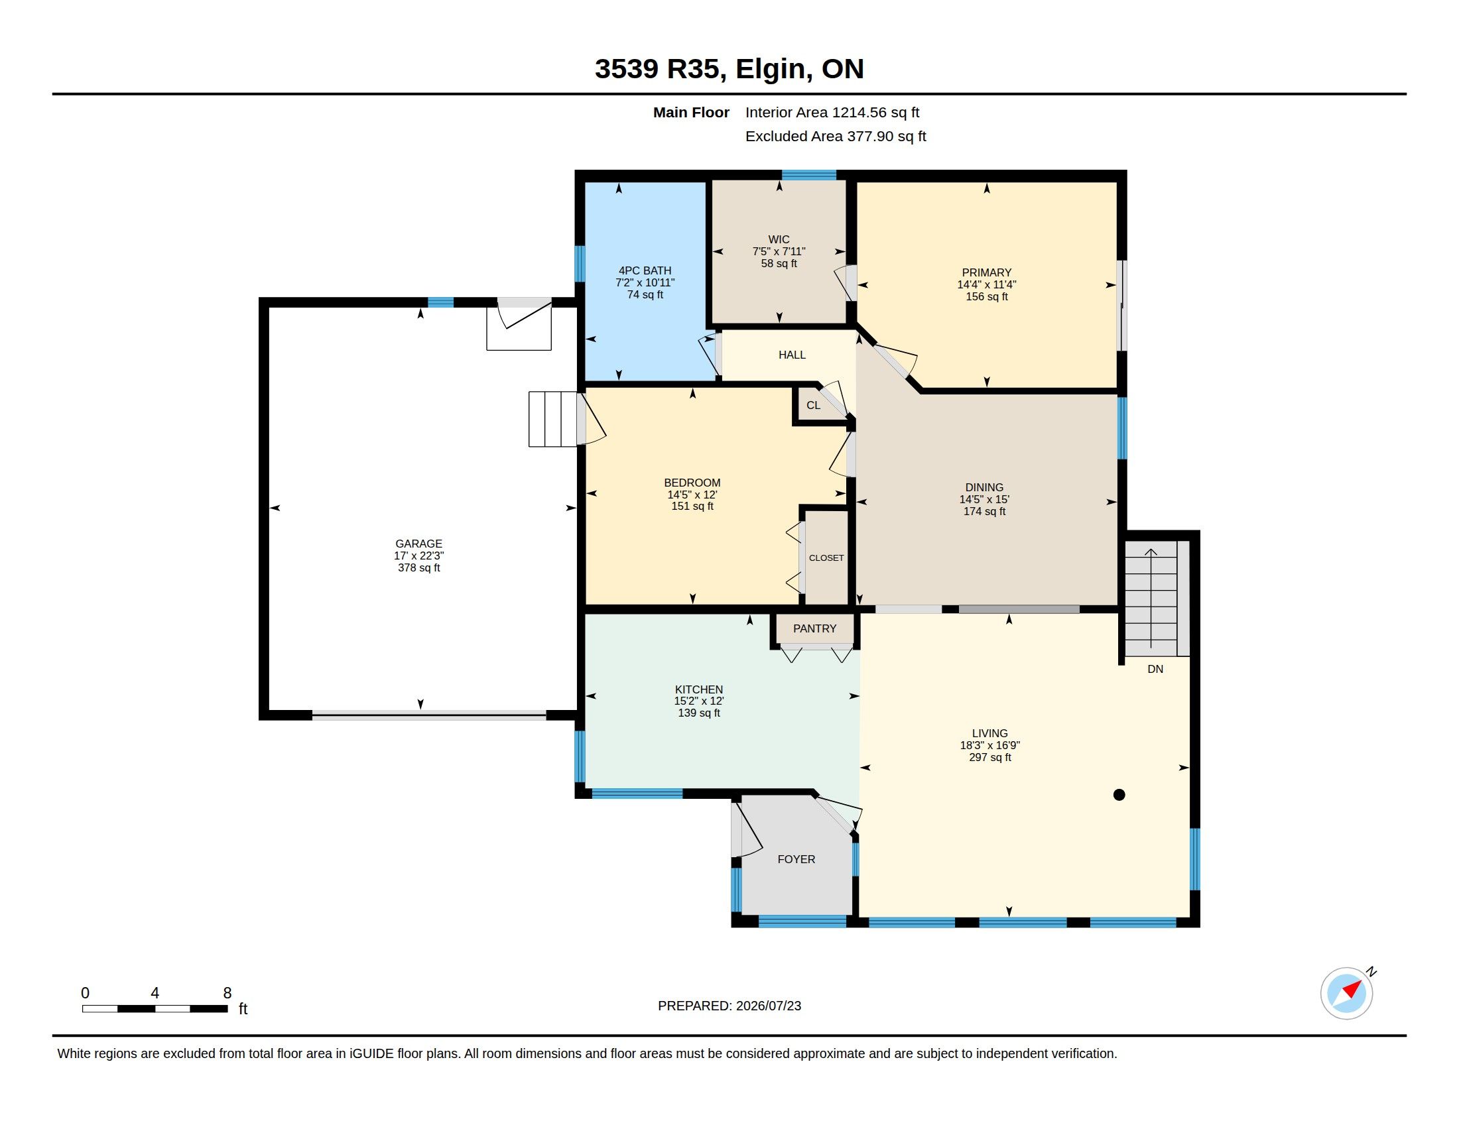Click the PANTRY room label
[x=814, y=628]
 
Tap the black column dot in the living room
[x=1119, y=794]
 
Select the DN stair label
[x=1155, y=669]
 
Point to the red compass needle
[x=1352, y=989]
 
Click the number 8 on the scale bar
[x=227, y=993]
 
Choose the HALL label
[x=792, y=355]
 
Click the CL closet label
[x=813, y=405]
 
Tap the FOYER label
[x=796, y=859]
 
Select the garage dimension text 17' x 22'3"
[x=419, y=556]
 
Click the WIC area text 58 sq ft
[x=779, y=263]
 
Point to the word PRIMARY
[x=987, y=272]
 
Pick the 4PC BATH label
[x=645, y=270]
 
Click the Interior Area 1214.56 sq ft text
[x=832, y=112]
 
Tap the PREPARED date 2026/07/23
[x=768, y=1006]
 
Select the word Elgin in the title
[x=774, y=69]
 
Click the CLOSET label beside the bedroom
[x=826, y=558]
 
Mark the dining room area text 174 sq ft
[x=984, y=511]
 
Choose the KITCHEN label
[x=699, y=689]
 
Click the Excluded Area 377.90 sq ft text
[x=836, y=136]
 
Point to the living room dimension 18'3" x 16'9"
[x=990, y=745]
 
